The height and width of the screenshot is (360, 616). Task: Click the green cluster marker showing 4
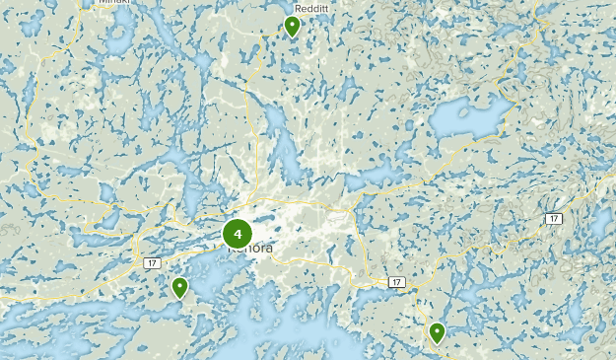238,234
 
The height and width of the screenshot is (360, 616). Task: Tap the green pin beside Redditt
292,26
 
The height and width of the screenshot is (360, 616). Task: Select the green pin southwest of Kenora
179,288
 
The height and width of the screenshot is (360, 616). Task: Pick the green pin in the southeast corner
437,333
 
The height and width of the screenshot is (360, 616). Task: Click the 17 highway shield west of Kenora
151,263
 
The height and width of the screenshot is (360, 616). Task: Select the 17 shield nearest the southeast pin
396,282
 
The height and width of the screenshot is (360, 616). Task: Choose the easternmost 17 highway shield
555,218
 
